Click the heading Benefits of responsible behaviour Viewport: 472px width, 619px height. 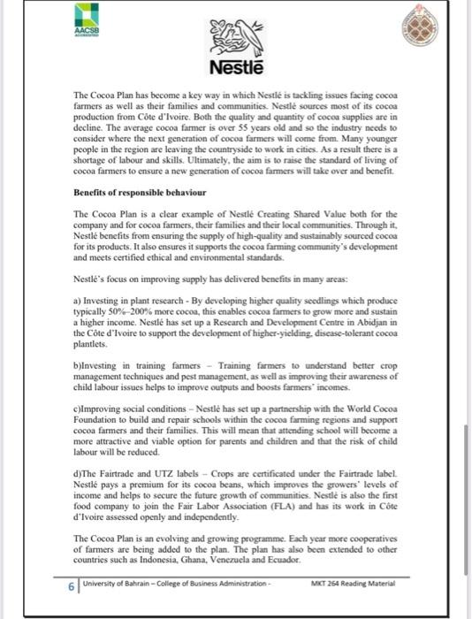[140, 193]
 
